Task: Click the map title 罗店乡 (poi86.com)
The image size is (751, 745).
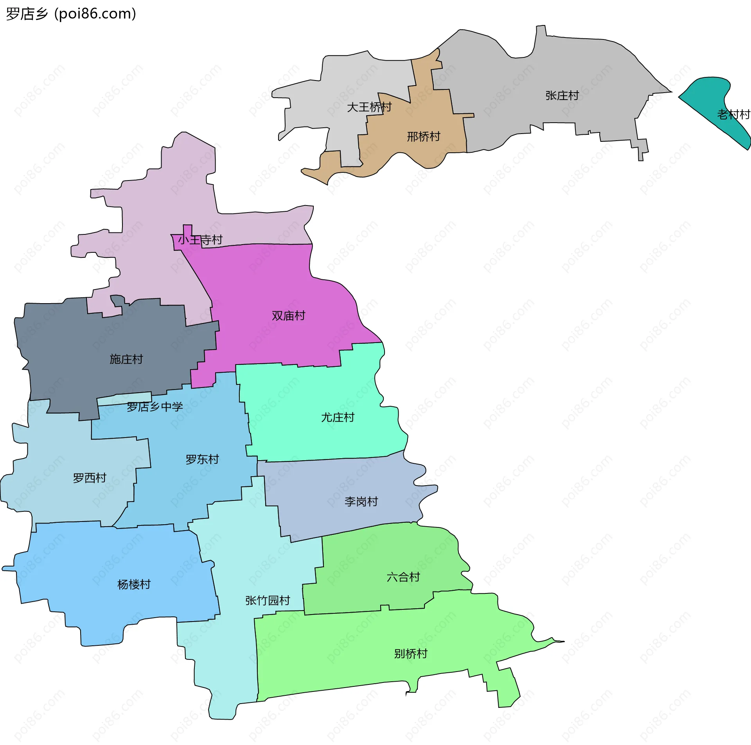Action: (71, 14)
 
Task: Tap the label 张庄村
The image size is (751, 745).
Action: (562, 96)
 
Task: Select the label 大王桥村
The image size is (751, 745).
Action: (369, 107)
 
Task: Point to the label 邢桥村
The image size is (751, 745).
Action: (423, 137)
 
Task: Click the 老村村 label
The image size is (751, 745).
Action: (733, 114)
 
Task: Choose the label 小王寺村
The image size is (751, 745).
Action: (200, 239)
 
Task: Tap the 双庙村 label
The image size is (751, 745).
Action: (288, 316)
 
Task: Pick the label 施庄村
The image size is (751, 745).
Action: (126, 359)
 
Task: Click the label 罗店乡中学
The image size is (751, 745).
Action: (155, 407)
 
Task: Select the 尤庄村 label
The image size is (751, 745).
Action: (337, 418)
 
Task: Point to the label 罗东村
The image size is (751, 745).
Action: (202, 459)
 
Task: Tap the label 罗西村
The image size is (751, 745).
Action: (90, 478)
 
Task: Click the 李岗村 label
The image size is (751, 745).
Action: (361, 502)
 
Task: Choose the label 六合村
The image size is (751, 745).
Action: (403, 577)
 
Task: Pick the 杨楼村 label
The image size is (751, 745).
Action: (134, 584)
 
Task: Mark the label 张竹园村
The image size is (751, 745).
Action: (268, 600)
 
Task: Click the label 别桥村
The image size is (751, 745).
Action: (410, 654)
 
